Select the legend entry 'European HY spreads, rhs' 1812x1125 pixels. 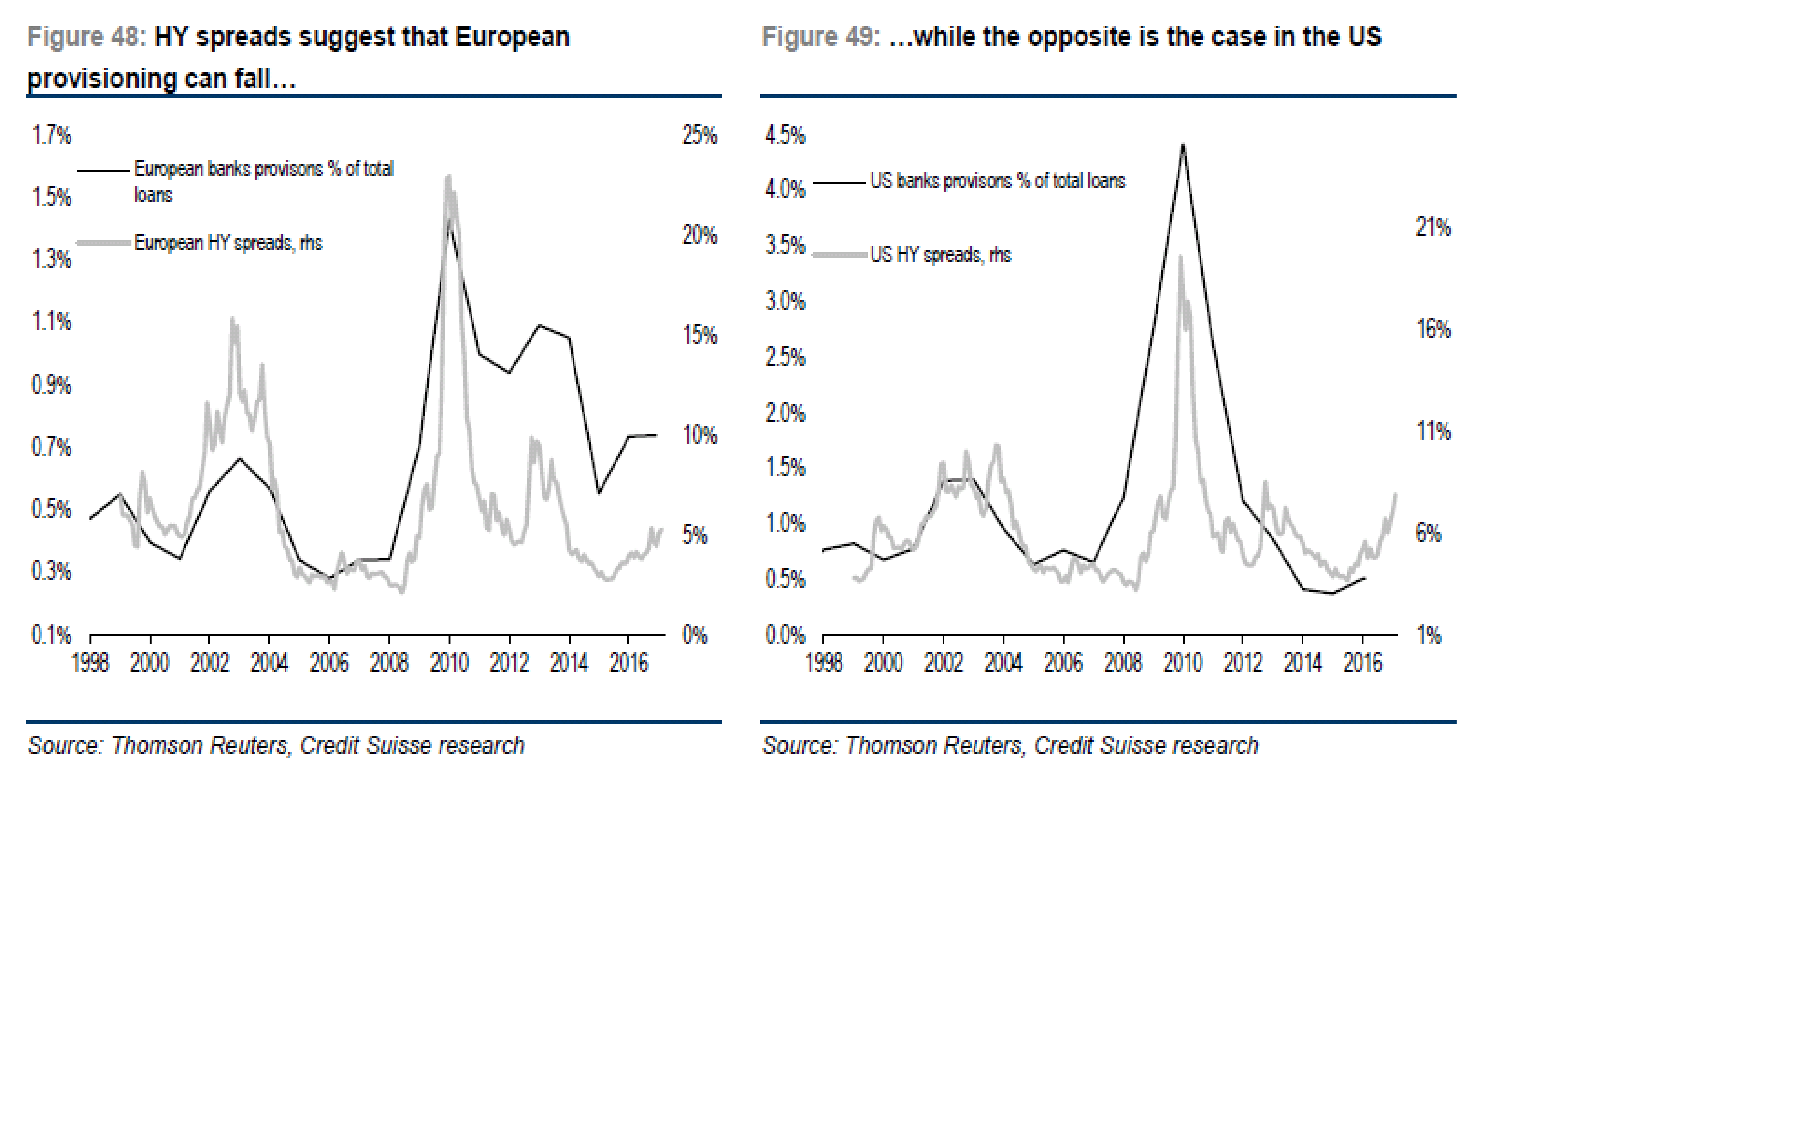(228, 243)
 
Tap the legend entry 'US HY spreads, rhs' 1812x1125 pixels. (940, 255)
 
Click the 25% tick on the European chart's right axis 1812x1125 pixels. (699, 135)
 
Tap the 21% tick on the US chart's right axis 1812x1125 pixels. (1433, 228)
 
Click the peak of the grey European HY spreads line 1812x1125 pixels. (448, 177)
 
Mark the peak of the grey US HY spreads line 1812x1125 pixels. (1180, 257)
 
